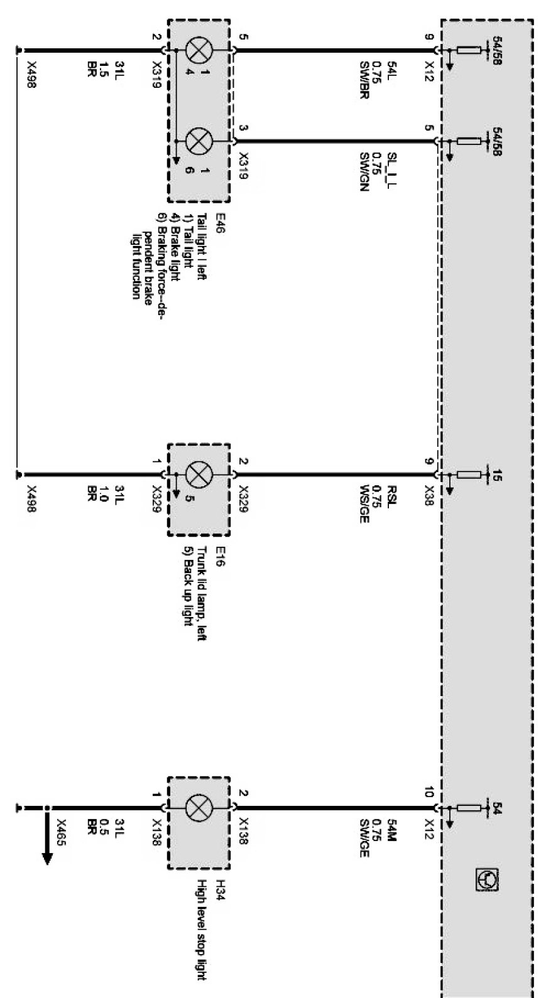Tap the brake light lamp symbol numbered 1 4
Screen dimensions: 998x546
pos(199,50)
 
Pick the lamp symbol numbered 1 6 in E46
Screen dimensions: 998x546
pos(199,142)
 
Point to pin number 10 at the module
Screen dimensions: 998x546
pos(429,793)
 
